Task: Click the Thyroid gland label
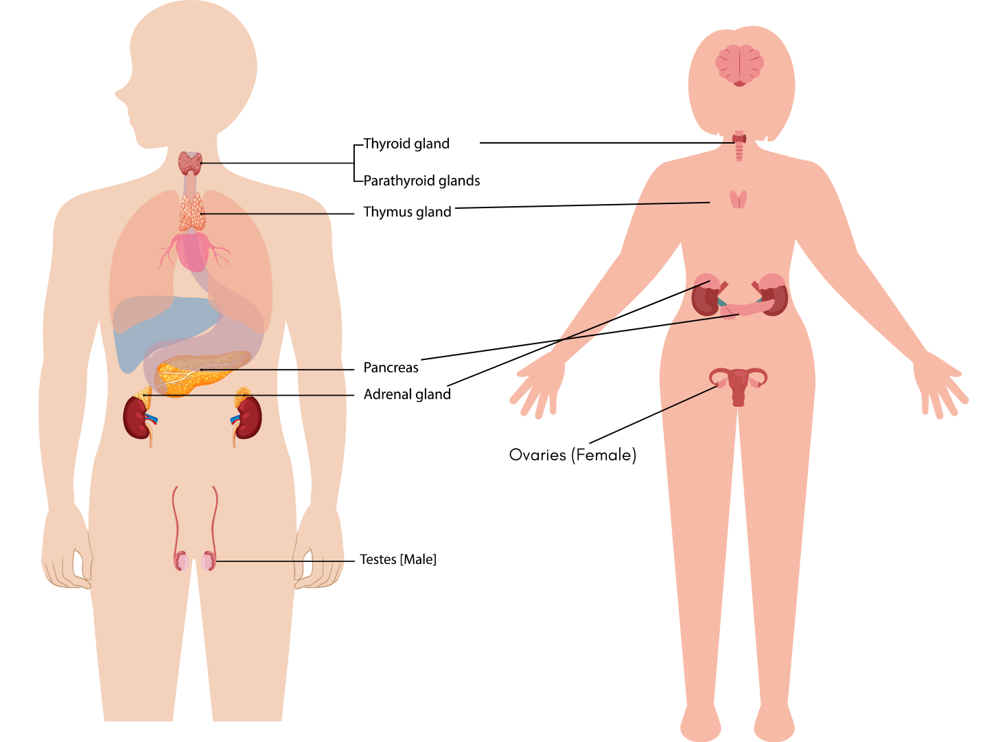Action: (x=406, y=144)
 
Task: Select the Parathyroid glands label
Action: (x=421, y=181)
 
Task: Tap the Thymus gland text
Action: (x=407, y=212)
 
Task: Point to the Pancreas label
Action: (x=391, y=368)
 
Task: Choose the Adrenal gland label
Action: (x=407, y=394)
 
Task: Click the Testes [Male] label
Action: (x=398, y=559)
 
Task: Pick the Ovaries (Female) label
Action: (x=572, y=455)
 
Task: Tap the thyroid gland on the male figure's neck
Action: (x=190, y=163)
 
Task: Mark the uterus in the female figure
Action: (x=739, y=385)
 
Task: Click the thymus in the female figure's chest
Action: (x=738, y=199)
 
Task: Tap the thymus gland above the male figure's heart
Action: (x=191, y=212)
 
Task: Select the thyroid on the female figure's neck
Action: (x=739, y=139)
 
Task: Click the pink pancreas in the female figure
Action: (x=752, y=308)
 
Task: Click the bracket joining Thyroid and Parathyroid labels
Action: (x=355, y=163)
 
